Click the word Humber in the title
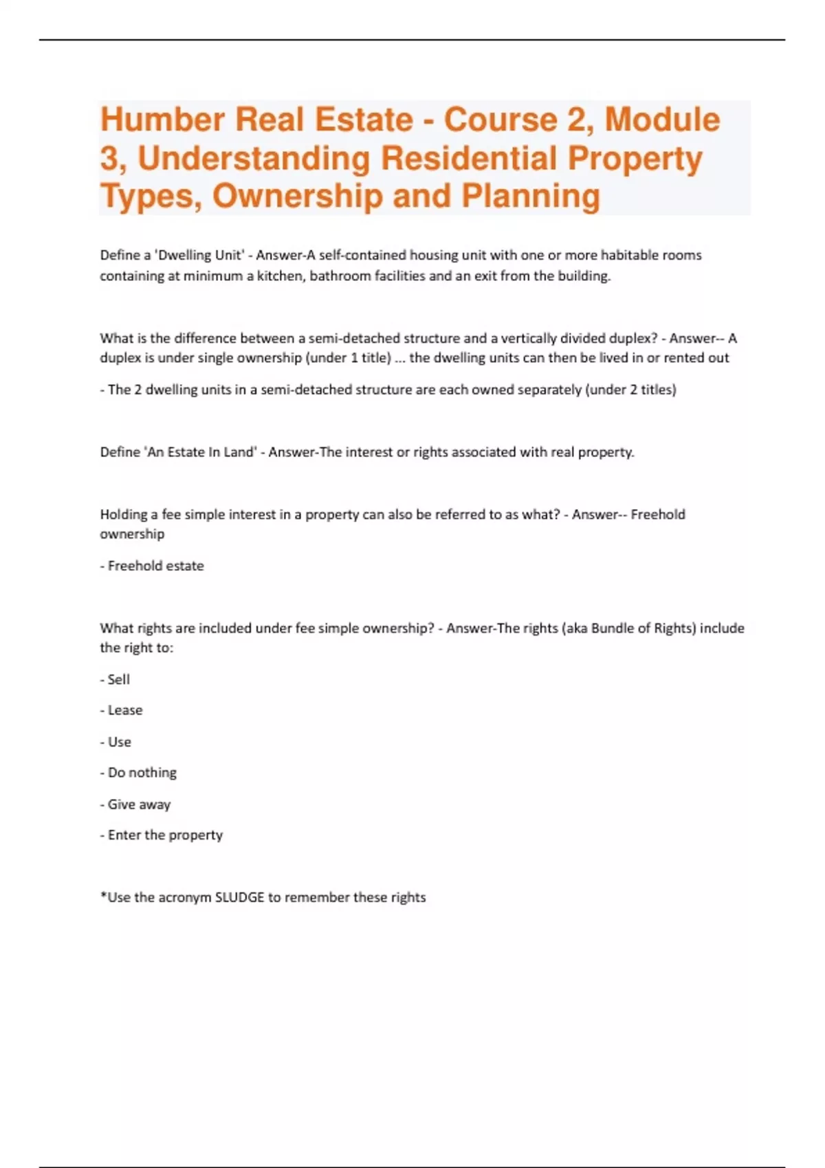[x=162, y=120]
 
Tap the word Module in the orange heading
[x=662, y=120]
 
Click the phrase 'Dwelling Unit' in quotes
[x=199, y=255]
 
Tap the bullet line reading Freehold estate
[x=152, y=566]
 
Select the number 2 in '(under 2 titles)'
[x=633, y=390]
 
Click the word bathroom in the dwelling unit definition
[x=338, y=276]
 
